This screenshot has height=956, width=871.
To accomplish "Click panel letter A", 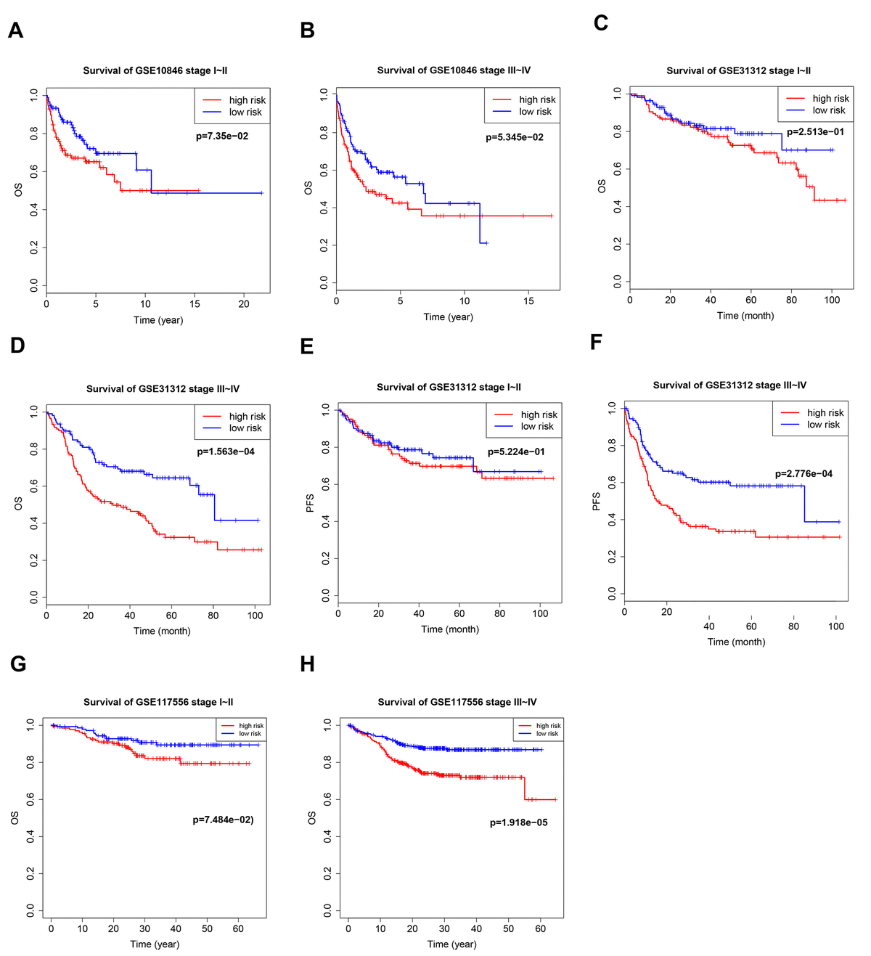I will tap(15, 30).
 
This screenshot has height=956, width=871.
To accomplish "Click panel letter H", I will tap(307, 664).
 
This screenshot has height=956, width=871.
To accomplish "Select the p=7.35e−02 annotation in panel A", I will tap(222, 136).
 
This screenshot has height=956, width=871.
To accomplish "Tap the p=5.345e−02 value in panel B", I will tap(515, 137).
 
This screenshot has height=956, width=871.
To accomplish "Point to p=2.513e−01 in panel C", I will tap(815, 132).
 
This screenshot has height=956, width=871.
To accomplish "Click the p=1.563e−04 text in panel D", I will tap(226, 452).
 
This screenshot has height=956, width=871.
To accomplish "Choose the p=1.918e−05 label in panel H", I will tap(518, 822).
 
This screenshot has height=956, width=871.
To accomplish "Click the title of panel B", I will tap(454, 70).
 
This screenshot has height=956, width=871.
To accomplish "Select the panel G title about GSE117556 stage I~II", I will tap(158, 702).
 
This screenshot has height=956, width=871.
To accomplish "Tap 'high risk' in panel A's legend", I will tap(248, 100).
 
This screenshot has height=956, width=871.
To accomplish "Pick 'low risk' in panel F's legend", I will tap(823, 425).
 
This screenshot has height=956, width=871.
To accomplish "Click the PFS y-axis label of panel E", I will tap(310, 503).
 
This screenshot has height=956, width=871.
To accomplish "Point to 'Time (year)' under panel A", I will tap(158, 320).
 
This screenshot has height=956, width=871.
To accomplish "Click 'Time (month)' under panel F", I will tap(736, 642).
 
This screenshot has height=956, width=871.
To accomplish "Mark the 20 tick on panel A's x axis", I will tap(244, 304).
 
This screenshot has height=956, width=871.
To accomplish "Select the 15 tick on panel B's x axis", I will tap(528, 301).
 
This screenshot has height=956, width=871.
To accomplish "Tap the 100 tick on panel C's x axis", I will tap(832, 300).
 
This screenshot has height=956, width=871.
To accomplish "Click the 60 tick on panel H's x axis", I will tap(540, 928).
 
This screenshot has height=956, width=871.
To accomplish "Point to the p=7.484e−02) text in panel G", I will tap(223, 820).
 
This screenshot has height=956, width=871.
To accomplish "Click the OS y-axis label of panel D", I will tap(18, 503).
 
